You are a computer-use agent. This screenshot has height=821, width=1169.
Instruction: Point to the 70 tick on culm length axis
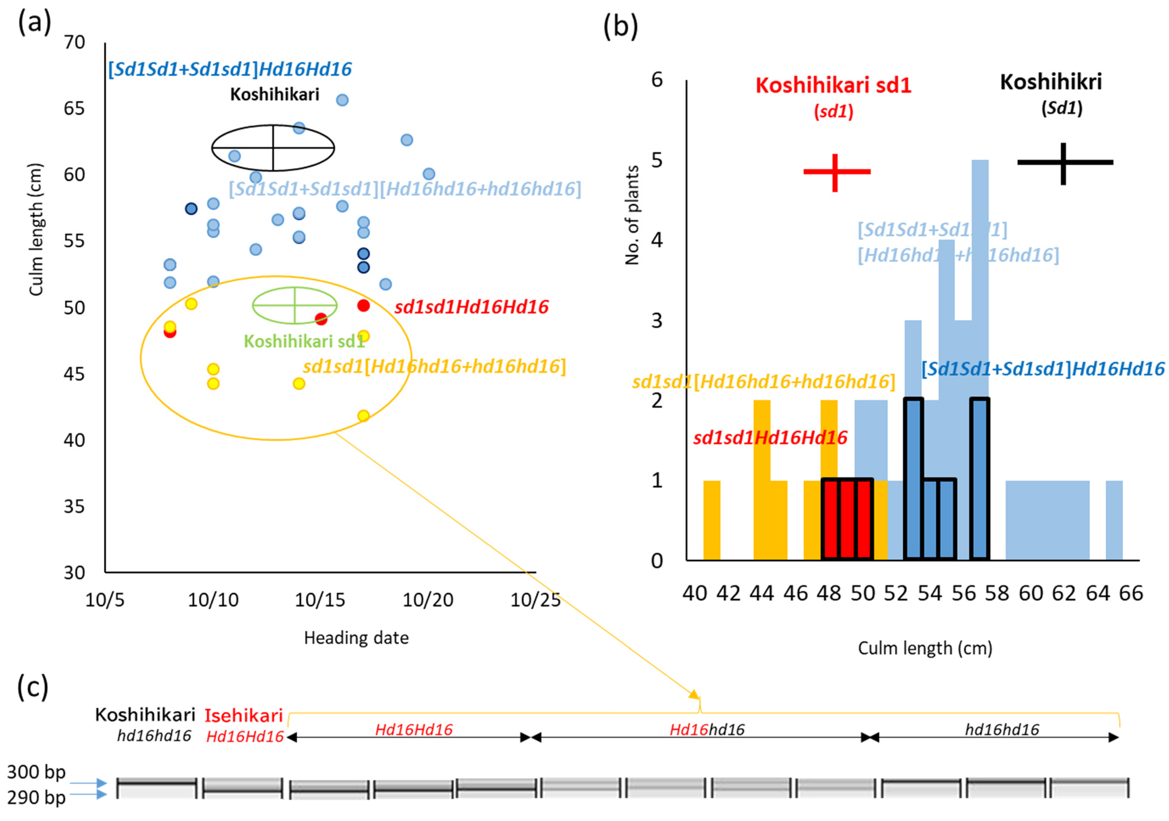74,42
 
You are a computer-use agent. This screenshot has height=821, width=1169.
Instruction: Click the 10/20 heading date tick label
428,600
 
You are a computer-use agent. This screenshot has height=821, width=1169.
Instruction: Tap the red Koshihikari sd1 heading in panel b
833,86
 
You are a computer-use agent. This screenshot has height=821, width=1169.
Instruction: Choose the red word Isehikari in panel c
243,715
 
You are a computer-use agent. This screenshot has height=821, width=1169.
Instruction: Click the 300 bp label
36,772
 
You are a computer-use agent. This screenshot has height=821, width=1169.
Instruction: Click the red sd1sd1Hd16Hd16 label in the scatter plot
471,307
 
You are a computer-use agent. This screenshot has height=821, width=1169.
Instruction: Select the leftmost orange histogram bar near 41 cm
712,520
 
